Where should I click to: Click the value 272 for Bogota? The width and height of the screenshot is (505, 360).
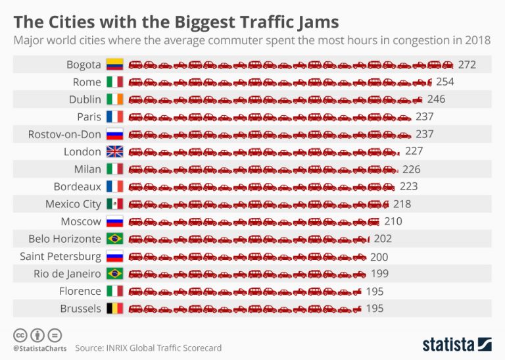tap(467, 64)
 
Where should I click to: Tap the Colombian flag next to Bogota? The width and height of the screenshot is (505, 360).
tap(114, 64)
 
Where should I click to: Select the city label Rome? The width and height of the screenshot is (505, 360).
tap(87, 82)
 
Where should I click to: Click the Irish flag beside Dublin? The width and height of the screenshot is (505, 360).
tap(114, 99)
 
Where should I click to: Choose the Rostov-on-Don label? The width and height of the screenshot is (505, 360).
tap(64, 134)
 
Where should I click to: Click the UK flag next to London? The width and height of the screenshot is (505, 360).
tap(114, 151)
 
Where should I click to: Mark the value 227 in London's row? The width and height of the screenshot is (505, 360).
tap(414, 151)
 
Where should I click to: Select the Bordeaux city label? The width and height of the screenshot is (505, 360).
tap(78, 186)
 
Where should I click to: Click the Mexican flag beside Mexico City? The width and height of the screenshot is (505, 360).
tap(114, 204)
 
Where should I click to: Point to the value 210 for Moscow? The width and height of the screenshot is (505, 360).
tap(393, 221)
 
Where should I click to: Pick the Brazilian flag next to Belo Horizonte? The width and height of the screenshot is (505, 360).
tap(114, 239)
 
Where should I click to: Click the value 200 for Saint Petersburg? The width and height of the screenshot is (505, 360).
tap(379, 257)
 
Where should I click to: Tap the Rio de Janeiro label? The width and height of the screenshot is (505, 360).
tap(67, 274)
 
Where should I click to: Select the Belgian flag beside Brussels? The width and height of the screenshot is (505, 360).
tap(114, 309)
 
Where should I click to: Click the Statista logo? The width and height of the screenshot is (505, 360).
tap(456, 344)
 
